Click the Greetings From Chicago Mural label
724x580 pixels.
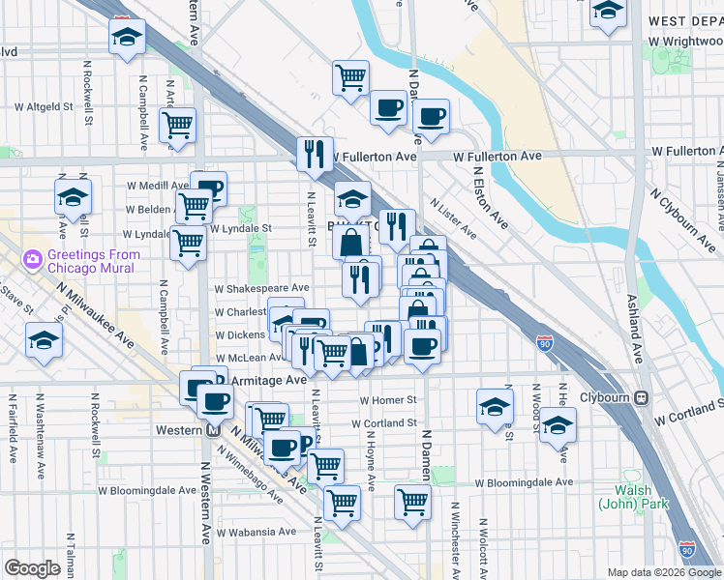[93, 261]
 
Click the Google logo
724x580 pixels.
[32, 568]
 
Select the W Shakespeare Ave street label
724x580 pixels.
[261, 287]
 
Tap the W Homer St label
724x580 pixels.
[387, 399]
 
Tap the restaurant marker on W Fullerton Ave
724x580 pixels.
[314, 152]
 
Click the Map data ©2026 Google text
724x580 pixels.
[664, 572]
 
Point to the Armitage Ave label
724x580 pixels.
[268, 381]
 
